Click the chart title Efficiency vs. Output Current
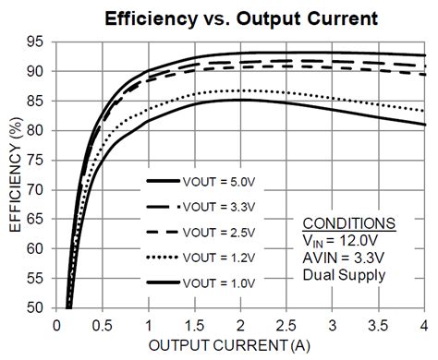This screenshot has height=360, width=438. (x=230, y=18)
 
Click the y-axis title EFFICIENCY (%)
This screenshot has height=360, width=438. (x=16, y=176)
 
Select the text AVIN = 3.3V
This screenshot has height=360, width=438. (x=344, y=258)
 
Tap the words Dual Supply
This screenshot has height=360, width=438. (x=347, y=275)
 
